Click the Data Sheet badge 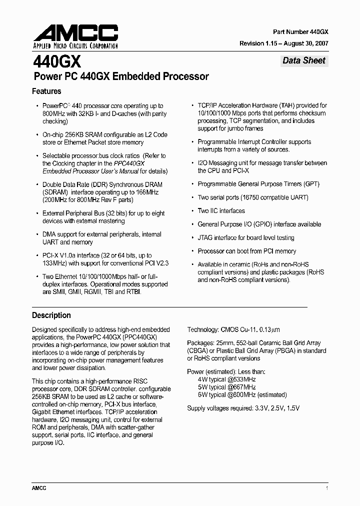coord(303,60)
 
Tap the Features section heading coord(46,91)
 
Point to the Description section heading coord(51,315)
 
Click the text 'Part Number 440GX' coord(300,31)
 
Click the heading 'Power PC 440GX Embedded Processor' coord(120,77)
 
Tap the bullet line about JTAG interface coord(245,238)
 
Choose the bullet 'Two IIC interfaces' coord(221,211)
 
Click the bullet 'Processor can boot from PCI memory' coord(246,251)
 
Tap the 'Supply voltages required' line coord(243,408)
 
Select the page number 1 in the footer coord(326,488)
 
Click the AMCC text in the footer coord(39,488)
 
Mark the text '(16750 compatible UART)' coord(273,197)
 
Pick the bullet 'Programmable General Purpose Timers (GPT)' coord(258,184)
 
